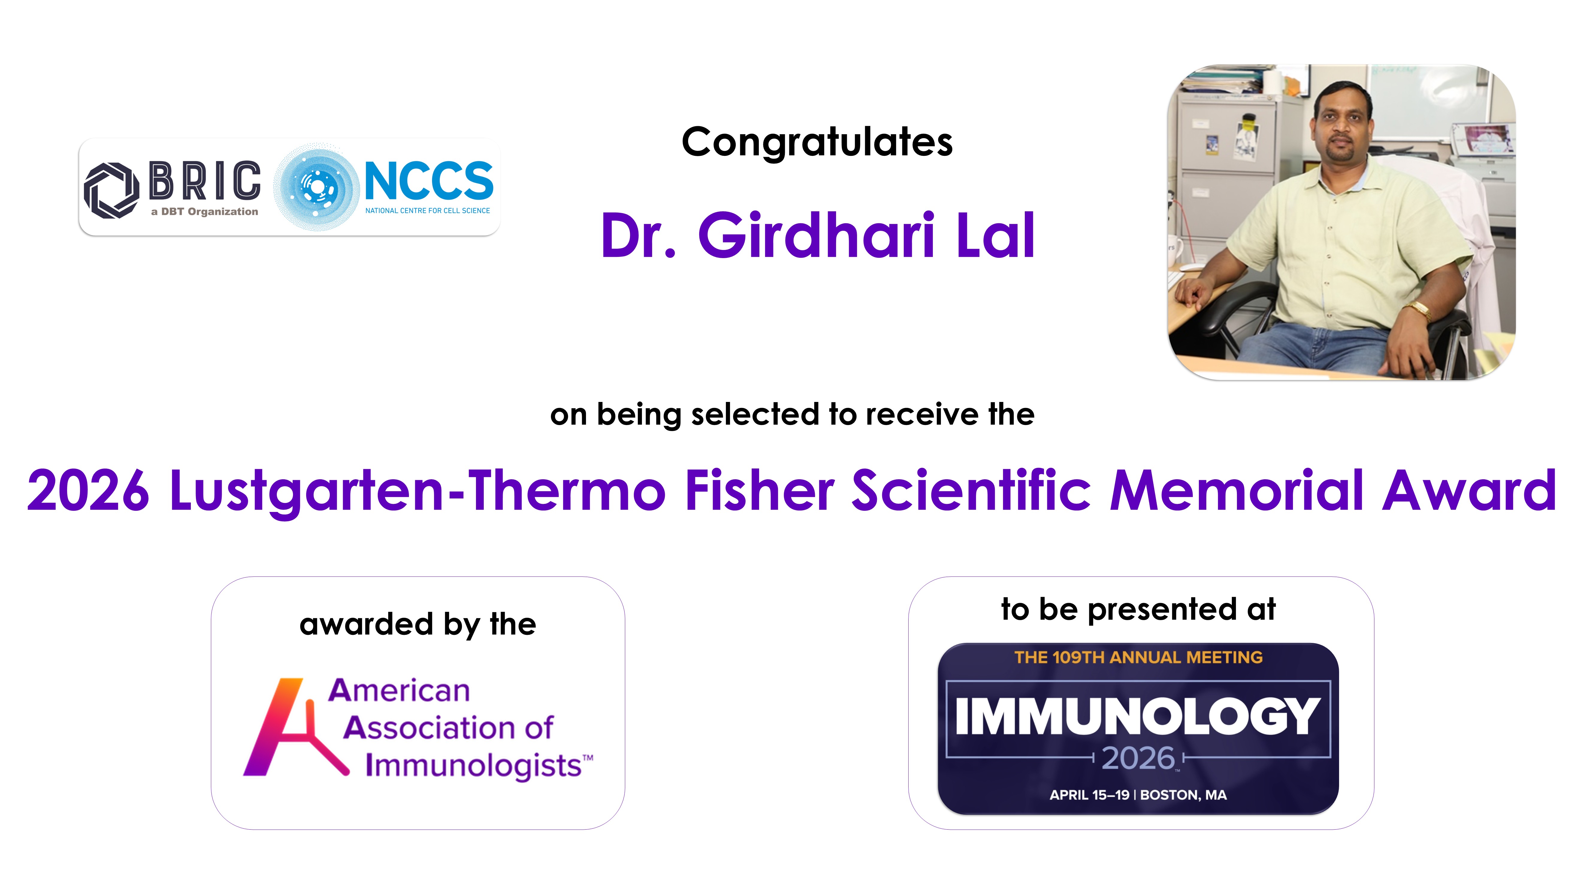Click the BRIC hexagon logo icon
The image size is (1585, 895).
(111, 190)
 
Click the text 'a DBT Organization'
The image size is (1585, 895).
(204, 212)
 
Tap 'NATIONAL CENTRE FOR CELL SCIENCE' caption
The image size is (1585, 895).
(428, 210)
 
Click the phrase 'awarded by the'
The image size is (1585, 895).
(418, 625)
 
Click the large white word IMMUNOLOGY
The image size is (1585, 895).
(1138, 716)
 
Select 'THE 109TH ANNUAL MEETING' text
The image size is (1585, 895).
(1138, 657)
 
